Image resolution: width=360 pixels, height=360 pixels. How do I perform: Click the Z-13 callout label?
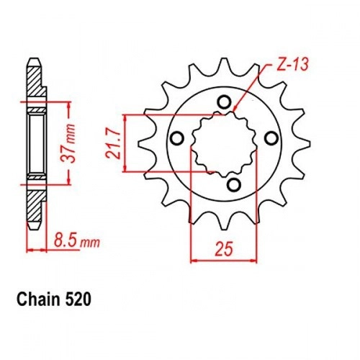tap(292, 65)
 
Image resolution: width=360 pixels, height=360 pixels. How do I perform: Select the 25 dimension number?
tap(224, 249)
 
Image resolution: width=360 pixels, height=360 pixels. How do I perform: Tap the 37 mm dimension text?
tap(70, 143)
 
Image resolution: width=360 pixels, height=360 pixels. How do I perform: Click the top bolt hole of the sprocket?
tap(224, 102)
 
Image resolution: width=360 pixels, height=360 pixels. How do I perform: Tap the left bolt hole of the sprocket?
tap(178, 138)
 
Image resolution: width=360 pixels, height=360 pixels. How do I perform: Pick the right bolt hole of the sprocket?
tap(271, 138)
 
